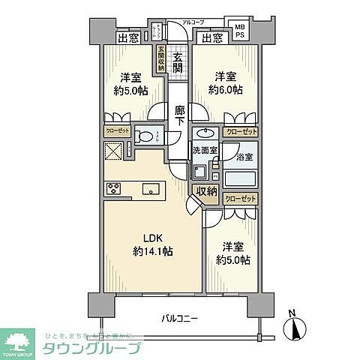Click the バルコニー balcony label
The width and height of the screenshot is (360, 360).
tap(180, 319)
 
